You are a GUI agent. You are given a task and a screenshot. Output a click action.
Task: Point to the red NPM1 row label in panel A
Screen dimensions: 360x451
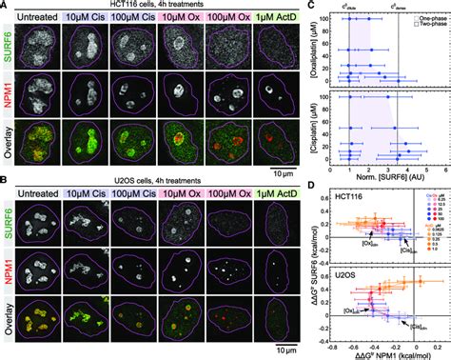(7, 93)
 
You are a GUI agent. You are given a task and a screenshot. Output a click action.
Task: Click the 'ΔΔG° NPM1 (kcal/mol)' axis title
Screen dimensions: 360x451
(383, 353)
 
